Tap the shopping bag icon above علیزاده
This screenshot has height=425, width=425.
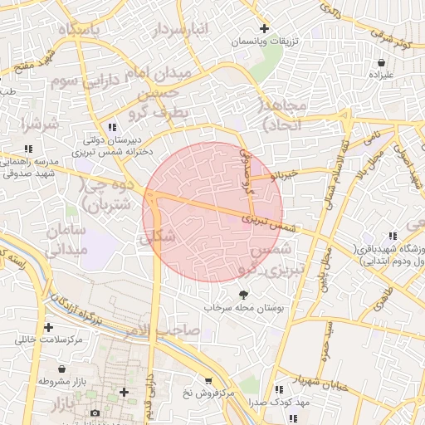point(380,62)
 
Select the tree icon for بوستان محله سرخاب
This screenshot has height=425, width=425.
point(243,294)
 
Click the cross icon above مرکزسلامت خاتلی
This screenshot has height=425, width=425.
point(49,327)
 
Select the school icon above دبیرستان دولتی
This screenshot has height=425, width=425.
point(112,127)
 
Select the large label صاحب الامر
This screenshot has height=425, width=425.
point(166,330)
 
